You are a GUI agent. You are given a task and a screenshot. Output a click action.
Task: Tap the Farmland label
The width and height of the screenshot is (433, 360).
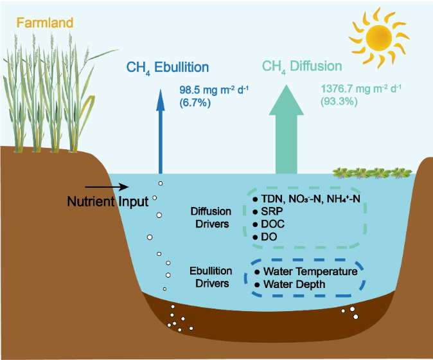click(44, 23)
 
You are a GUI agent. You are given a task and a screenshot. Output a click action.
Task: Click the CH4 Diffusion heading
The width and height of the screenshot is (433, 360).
click(302, 67)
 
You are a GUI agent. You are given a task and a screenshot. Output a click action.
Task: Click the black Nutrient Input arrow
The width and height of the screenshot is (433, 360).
click(119, 188)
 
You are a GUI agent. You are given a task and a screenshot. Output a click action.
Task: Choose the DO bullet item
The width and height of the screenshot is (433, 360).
click(269, 237)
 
